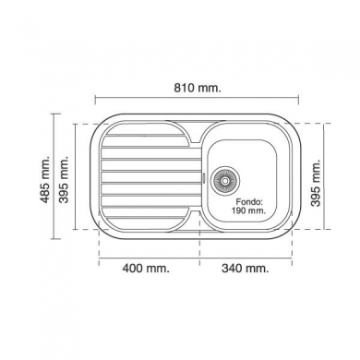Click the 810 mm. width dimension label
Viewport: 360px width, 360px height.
pyautogui.click(x=198, y=88)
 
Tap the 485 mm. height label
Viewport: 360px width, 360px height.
pyautogui.click(x=45, y=179)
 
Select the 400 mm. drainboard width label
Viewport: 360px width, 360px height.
pyautogui.click(x=146, y=269)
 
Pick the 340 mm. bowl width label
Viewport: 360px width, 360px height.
pyautogui.click(x=246, y=269)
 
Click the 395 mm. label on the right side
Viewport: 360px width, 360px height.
pyautogui.click(x=316, y=183)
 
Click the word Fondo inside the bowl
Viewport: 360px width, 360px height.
pyautogui.click(x=249, y=202)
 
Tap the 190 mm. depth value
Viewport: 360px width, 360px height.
pyautogui.click(x=248, y=210)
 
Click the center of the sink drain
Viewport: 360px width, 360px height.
pyautogui.click(x=225, y=180)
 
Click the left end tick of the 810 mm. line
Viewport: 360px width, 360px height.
pyautogui.click(x=96, y=100)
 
